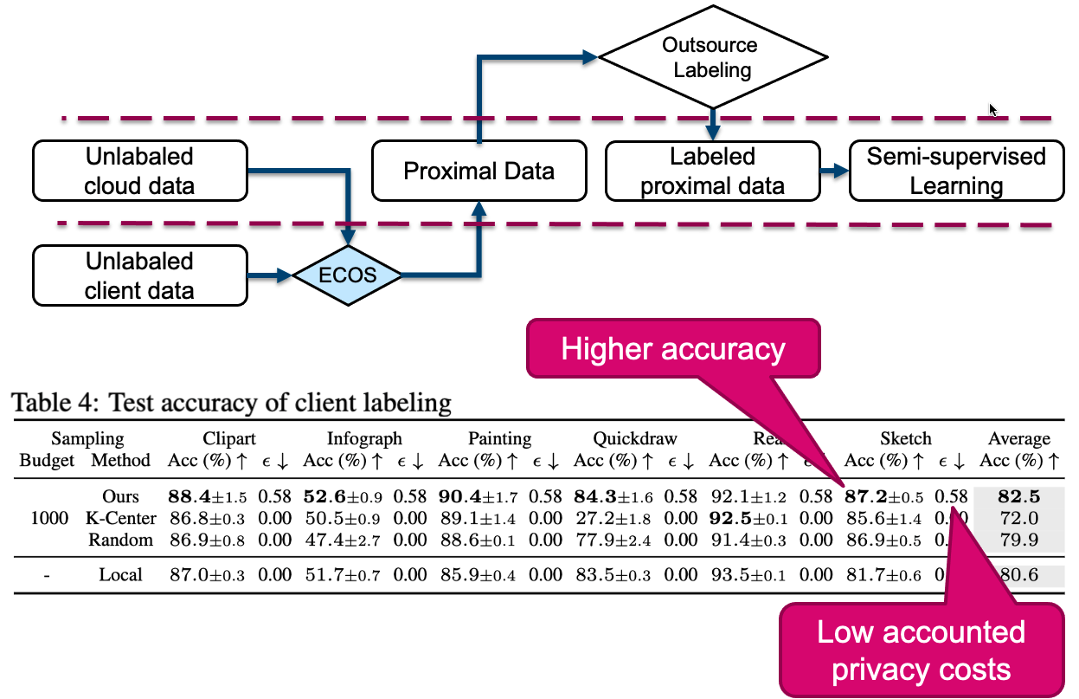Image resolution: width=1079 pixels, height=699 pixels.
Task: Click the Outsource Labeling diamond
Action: (x=712, y=57)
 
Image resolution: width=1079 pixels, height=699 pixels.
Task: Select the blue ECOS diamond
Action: (x=348, y=276)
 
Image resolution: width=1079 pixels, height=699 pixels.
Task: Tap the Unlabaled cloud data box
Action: (x=139, y=172)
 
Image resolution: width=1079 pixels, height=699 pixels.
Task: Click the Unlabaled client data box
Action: (x=139, y=276)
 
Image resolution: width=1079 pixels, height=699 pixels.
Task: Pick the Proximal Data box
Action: (x=478, y=171)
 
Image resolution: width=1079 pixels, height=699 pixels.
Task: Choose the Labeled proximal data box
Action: (x=712, y=172)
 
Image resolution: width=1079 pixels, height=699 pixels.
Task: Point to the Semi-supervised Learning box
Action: (x=956, y=172)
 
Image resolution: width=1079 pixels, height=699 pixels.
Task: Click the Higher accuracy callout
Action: (x=672, y=349)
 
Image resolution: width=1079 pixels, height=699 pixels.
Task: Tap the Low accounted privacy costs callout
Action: (x=922, y=650)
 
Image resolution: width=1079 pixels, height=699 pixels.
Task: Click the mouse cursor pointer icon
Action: (x=993, y=110)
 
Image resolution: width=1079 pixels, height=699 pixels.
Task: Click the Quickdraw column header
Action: (x=635, y=439)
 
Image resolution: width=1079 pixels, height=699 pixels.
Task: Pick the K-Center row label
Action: (x=120, y=519)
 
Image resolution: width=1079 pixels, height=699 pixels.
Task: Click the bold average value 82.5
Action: (x=1018, y=497)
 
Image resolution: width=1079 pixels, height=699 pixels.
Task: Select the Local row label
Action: (x=120, y=574)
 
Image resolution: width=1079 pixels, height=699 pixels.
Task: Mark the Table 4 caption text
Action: (x=231, y=402)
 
